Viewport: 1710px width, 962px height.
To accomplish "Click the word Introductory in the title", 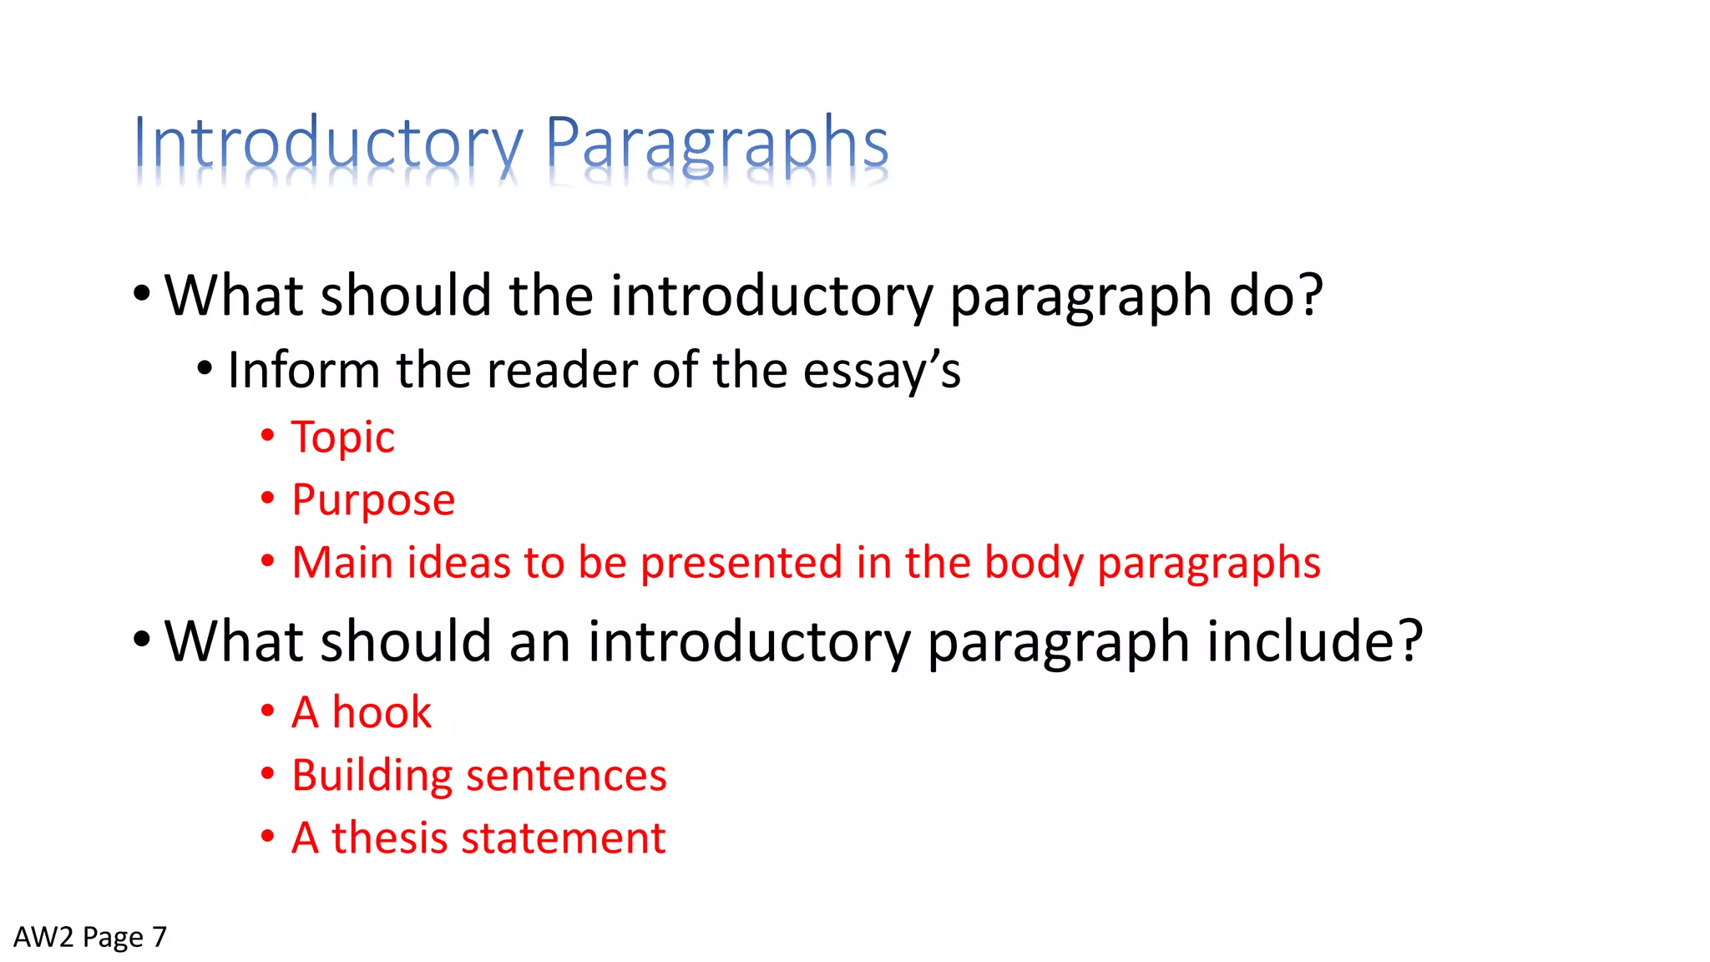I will [x=327, y=144].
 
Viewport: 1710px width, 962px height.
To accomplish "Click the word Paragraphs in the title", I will [x=716, y=144].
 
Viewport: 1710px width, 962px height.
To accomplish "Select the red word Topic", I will [x=342, y=437].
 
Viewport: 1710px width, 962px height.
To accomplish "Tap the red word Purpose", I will [x=373, y=500].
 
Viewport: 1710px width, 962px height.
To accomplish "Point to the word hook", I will [x=382, y=712].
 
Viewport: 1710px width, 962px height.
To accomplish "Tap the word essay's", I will [x=881, y=371].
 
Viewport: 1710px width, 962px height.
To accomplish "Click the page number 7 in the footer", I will [x=159, y=937].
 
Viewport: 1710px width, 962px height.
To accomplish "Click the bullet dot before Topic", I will [x=267, y=435].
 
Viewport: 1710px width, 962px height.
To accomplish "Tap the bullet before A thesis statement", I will [x=267, y=836].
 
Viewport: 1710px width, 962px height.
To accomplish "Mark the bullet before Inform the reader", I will [x=205, y=368].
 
